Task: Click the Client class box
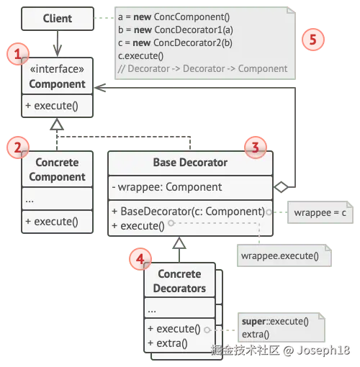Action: coord(58,19)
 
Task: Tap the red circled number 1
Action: coord(18,54)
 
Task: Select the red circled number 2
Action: coord(18,148)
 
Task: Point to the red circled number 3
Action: coord(256,148)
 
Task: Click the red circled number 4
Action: coord(140,259)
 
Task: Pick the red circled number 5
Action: coord(313,40)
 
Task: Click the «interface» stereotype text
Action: coord(57,69)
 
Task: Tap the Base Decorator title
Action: coord(190,163)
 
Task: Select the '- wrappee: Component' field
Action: coord(167,187)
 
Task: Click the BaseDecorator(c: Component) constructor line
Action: coord(189,212)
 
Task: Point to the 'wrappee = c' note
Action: coord(320,212)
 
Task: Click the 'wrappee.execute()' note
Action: coord(284,255)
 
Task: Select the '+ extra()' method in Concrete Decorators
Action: coord(168,343)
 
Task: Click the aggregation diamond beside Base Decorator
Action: coord(281,187)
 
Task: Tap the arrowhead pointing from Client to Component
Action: coord(58,50)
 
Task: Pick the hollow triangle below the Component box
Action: coord(57,124)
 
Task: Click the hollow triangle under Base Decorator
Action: coord(179,243)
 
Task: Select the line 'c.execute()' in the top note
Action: coord(141,56)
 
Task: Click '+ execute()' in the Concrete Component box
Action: coord(52,222)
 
